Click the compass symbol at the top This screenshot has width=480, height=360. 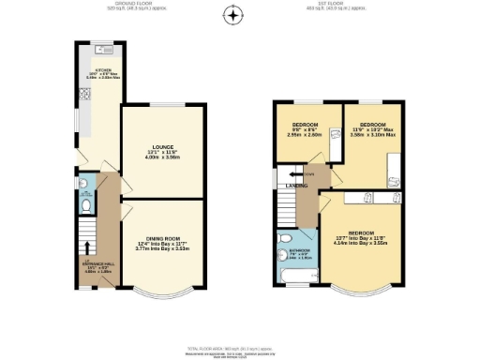point(234,13)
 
